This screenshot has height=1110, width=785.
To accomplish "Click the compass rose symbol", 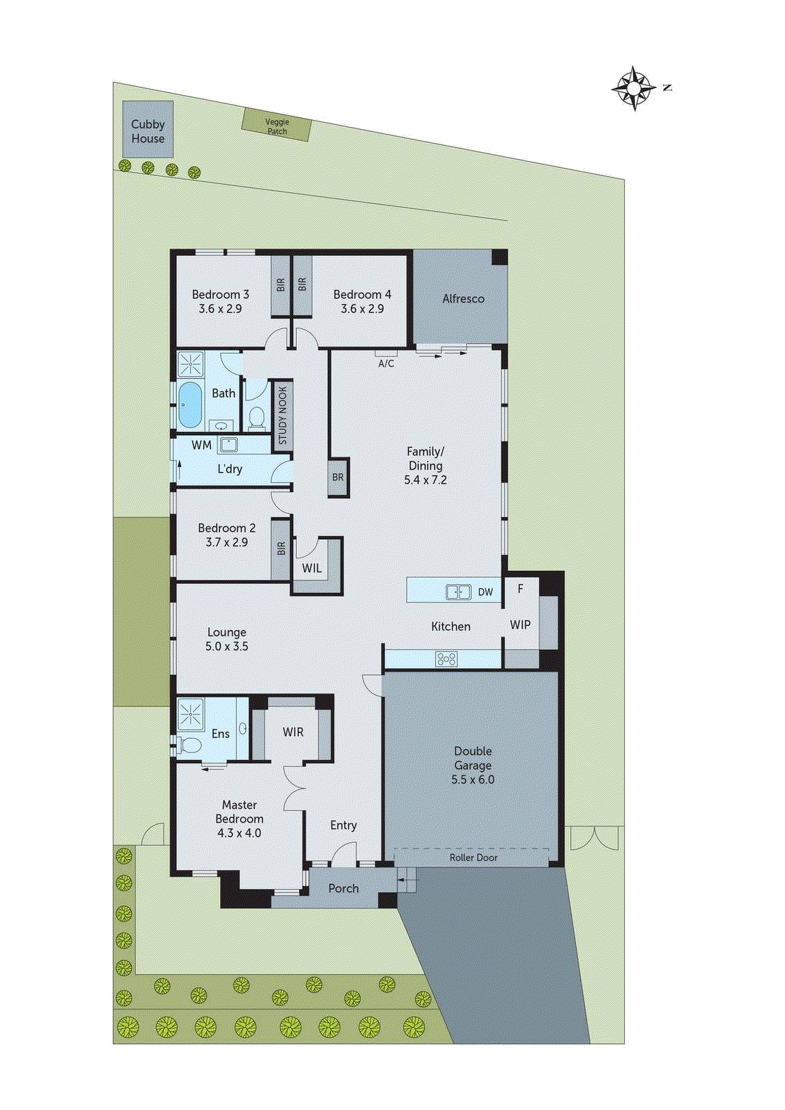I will (634, 88).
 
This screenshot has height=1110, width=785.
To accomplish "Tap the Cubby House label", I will (148, 131).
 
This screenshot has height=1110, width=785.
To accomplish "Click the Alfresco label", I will (463, 299).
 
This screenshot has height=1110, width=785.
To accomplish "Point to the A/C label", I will (386, 364).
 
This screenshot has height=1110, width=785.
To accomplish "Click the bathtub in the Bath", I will (189, 404).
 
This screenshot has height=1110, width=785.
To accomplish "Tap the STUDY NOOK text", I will (282, 416).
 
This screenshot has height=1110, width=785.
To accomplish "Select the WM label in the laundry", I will (201, 445).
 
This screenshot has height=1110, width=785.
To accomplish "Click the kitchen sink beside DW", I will (458, 592).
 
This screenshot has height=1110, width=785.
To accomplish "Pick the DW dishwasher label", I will (485, 592).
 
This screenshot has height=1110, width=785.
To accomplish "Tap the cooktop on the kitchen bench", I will (446, 659).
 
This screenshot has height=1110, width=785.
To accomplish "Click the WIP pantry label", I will (520, 624).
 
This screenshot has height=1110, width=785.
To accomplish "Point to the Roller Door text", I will (473, 857).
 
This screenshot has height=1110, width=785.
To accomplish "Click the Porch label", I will (344, 889).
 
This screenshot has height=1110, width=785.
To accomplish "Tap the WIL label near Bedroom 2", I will (312, 568).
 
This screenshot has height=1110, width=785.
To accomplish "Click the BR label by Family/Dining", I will (337, 477).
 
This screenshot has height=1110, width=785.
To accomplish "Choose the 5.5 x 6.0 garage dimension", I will (473, 780).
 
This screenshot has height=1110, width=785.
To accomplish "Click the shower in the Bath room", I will (189, 364).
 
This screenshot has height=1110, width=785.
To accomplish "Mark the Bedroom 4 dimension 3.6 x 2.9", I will (362, 309).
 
